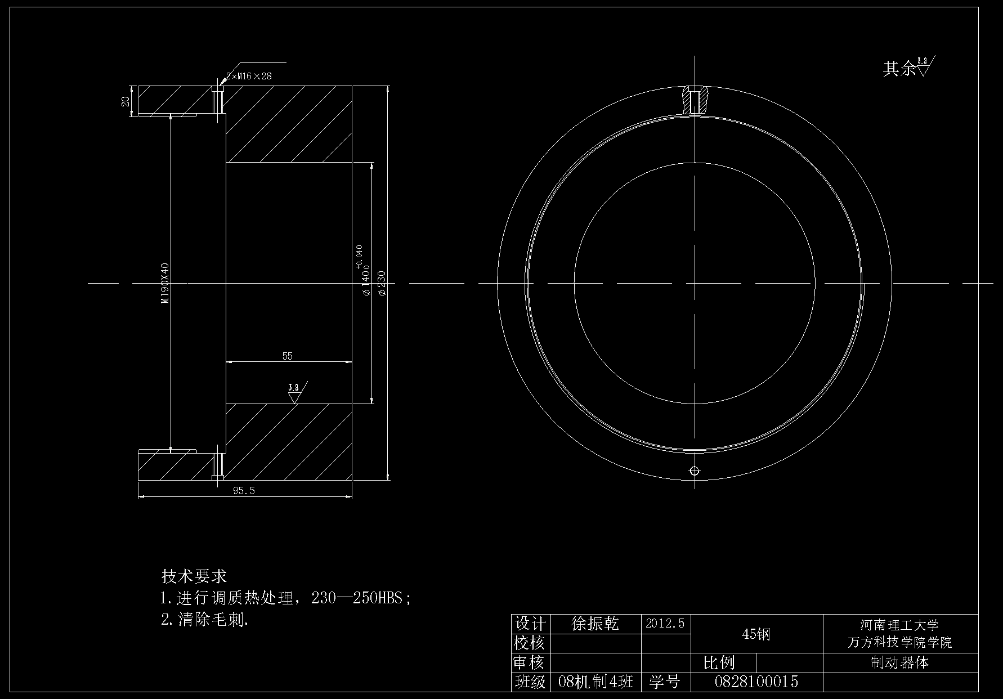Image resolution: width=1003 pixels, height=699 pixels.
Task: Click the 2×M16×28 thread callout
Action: pyautogui.click(x=249, y=76)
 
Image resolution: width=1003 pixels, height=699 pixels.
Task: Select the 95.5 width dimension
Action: pyautogui.click(x=244, y=491)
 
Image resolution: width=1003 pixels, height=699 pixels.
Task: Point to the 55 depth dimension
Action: pyautogui.click(x=287, y=356)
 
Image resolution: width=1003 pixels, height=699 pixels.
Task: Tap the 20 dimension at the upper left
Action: pyautogui.click(x=126, y=101)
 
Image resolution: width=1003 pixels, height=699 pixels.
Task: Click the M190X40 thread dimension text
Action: pyautogui.click(x=165, y=283)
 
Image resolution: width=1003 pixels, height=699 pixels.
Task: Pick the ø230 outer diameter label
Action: pyautogui.click(x=382, y=283)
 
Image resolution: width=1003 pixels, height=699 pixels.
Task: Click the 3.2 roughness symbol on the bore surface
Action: pyautogui.click(x=294, y=393)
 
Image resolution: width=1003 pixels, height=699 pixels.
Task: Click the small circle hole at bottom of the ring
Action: pyautogui.click(x=695, y=471)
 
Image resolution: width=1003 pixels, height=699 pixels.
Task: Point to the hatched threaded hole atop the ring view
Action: pyautogui.click(x=695, y=100)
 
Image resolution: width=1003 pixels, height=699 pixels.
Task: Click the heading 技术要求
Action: pyautogui.click(x=194, y=576)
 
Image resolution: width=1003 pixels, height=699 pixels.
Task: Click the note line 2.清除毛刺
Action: pyautogui.click(x=204, y=620)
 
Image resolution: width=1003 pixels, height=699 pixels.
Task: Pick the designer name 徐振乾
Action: pyautogui.click(x=595, y=624)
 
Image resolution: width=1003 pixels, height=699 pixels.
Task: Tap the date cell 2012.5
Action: pyautogui.click(x=665, y=624)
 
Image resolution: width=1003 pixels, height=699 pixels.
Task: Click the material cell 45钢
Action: pyautogui.click(x=756, y=634)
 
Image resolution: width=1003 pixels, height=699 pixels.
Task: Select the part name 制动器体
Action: pyautogui.click(x=899, y=662)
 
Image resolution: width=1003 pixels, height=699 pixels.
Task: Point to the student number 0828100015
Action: pyautogui.click(x=756, y=682)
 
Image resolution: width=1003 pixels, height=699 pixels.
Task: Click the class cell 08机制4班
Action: pyautogui.click(x=595, y=682)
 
